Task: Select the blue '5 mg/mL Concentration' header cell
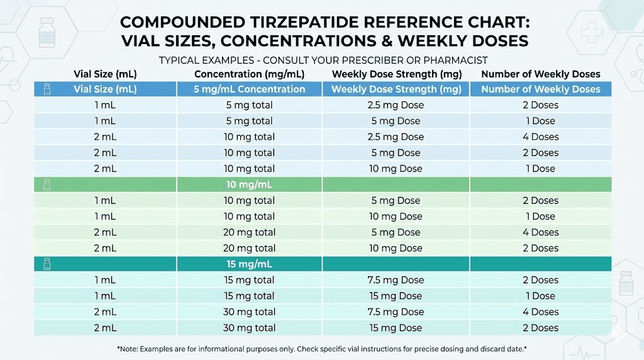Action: point(250,89)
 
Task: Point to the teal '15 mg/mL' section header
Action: point(250,264)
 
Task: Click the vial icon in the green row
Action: point(47,184)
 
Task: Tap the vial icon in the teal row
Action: point(47,264)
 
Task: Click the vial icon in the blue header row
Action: point(47,89)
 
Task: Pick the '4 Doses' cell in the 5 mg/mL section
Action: point(540,137)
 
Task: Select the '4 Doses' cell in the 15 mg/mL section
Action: point(540,312)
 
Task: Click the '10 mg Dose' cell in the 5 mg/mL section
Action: point(395,169)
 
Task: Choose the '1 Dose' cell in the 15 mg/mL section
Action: point(540,296)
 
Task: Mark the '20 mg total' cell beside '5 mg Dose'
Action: point(250,232)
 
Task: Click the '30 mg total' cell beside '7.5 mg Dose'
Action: point(250,312)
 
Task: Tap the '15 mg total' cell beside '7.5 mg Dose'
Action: point(250,280)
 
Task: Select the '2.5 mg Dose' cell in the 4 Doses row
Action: point(395,137)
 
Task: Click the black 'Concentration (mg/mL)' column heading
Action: point(250,74)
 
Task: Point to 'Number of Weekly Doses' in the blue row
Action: point(540,89)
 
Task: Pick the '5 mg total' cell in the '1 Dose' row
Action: point(250,121)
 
